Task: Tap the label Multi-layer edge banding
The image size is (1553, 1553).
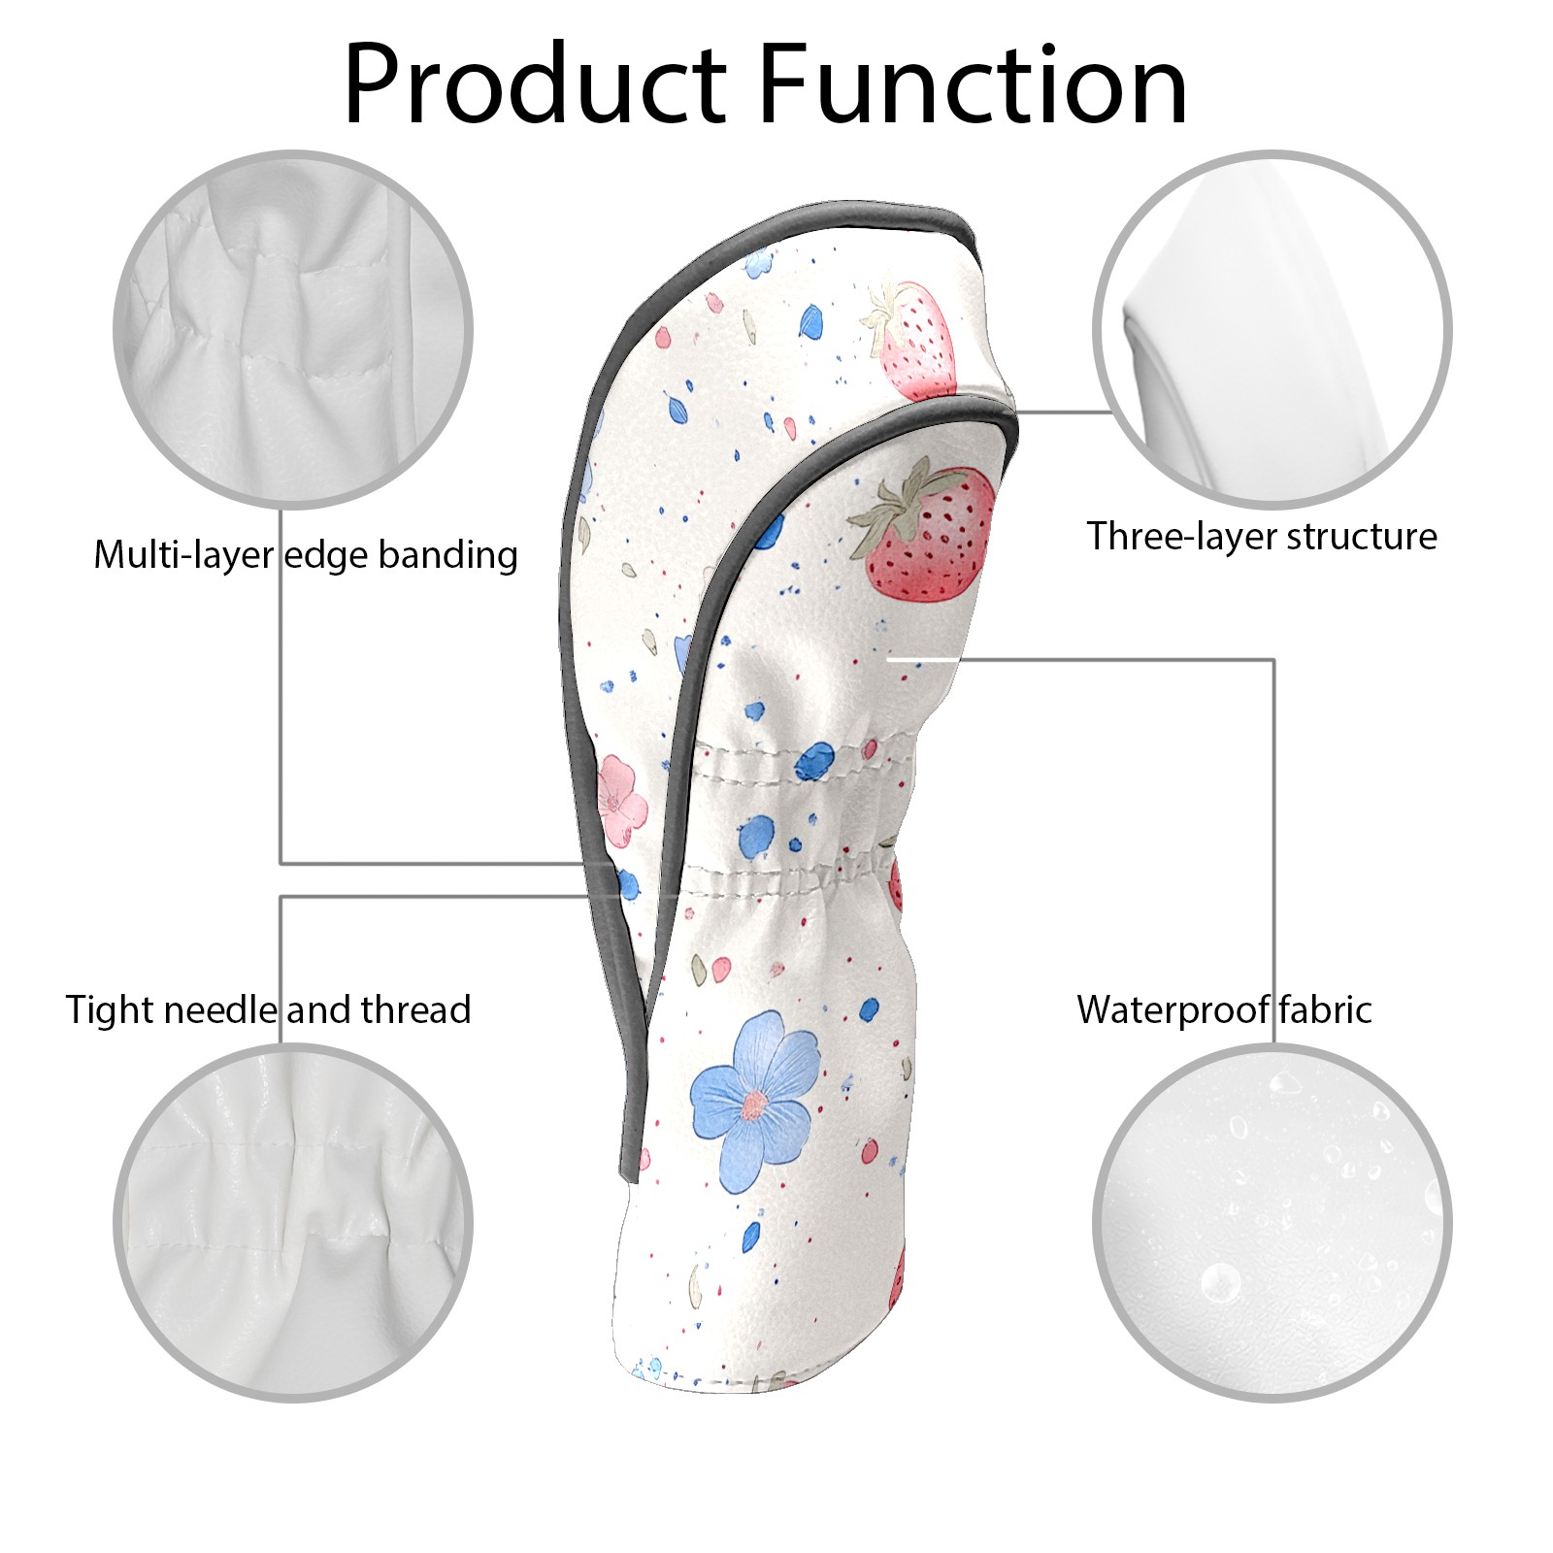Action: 306,555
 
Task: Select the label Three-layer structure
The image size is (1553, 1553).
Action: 1261,536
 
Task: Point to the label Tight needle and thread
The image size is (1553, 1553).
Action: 268,1009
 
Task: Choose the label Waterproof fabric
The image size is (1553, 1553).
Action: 1224,1009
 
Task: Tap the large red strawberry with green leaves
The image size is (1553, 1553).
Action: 927,533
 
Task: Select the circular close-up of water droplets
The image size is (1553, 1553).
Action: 1272,1222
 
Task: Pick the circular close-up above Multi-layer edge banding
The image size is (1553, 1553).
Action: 293,329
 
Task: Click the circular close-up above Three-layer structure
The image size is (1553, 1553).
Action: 1272,329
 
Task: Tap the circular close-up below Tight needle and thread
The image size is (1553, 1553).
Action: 293,1222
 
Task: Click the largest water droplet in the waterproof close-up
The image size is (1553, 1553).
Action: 1219,1281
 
